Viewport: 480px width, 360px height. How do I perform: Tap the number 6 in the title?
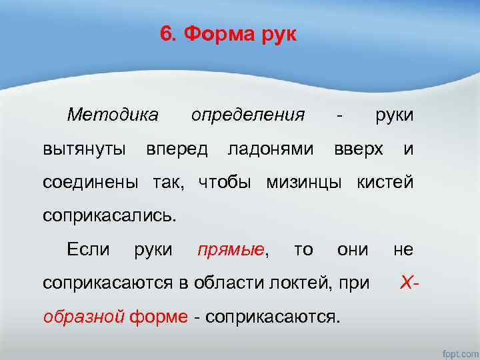[165, 34]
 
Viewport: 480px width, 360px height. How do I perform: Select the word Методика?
[113, 115]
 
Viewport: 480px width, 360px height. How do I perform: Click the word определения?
[247, 115]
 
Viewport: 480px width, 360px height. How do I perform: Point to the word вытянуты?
[85, 149]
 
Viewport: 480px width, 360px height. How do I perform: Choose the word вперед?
[177, 149]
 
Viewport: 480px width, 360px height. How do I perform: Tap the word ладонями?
[270, 149]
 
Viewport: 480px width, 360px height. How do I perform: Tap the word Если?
[88, 250]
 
